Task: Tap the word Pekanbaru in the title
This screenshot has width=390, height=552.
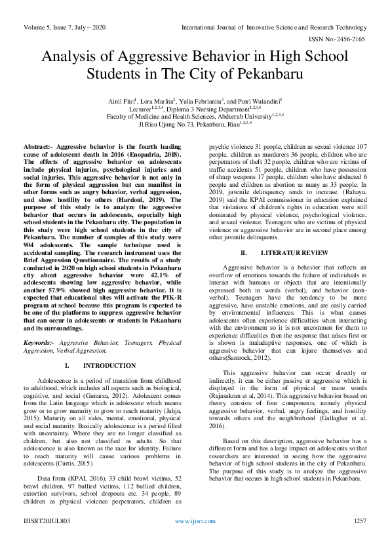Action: pos(272,75)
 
